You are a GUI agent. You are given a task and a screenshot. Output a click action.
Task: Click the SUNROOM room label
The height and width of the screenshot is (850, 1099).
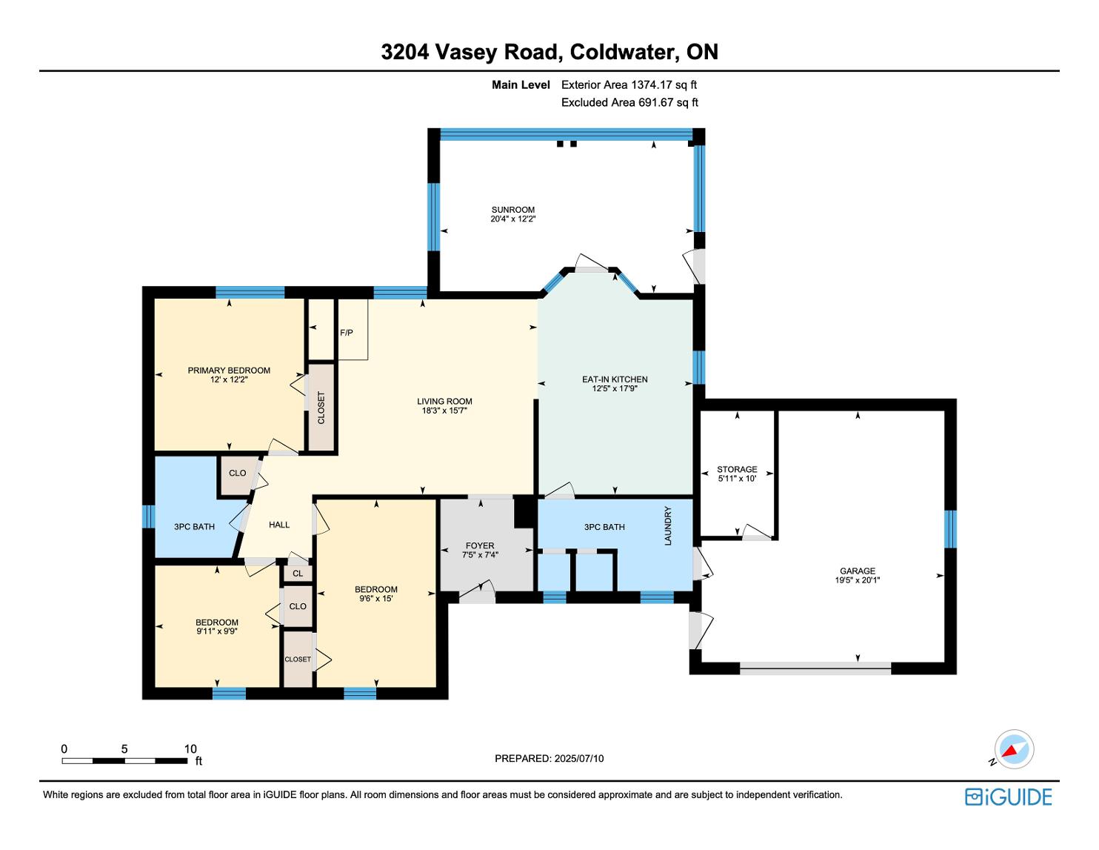(x=512, y=210)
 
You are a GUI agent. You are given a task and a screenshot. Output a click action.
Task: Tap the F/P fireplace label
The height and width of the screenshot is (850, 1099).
(x=347, y=333)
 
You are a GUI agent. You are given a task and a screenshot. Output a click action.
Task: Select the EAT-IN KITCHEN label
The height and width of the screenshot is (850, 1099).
(x=615, y=379)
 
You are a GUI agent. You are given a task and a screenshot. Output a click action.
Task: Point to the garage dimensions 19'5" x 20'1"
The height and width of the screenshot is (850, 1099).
(x=858, y=580)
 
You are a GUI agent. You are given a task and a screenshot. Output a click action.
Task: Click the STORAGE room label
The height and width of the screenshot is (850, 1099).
(x=737, y=469)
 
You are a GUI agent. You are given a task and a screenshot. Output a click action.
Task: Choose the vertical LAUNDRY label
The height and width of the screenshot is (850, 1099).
(x=667, y=525)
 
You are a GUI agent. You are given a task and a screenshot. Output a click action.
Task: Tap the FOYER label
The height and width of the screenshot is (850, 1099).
(x=480, y=545)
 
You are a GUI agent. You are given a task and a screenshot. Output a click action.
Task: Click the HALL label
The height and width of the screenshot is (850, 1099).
(x=279, y=525)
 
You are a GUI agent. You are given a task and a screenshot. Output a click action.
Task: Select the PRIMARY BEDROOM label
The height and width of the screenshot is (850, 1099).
(x=229, y=371)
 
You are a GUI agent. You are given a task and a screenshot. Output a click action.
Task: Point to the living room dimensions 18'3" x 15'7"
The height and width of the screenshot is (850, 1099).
(x=444, y=411)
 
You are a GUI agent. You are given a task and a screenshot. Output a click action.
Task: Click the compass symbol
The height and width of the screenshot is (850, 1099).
(x=1014, y=749)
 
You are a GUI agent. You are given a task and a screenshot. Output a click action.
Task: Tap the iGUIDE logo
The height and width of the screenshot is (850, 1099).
(x=1009, y=797)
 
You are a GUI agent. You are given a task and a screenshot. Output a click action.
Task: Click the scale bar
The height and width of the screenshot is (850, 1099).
(x=125, y=760)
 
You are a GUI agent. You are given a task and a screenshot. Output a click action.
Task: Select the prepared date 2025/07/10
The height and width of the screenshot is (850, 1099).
(x=579, y=758)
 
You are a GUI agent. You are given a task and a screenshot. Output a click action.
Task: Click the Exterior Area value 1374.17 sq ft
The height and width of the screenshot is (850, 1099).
(x=664, y=85)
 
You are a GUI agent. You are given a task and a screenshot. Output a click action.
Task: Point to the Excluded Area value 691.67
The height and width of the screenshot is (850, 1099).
(x=655, y=102)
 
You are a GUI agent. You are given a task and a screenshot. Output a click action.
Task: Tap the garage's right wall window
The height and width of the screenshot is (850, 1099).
(x=950, y=529)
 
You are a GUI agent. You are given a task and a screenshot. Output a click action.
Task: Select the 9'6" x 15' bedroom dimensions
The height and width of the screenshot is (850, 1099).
(x=375, y=599)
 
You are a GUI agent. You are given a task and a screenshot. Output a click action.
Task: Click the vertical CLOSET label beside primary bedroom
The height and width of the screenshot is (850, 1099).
(x=321, y=408)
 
